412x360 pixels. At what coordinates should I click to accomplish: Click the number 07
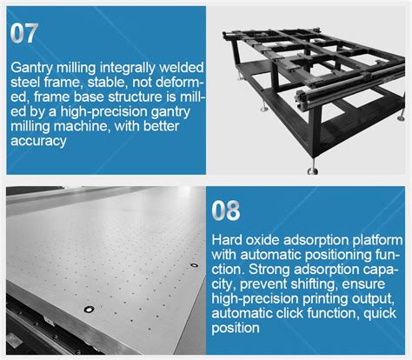tap(24, 33)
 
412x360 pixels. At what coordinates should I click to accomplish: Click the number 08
tap(226, 210)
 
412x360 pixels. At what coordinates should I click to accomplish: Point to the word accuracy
tap(38, 141)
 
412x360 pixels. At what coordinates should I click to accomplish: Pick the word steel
tap(25, 83)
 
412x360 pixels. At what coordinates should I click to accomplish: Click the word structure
tap(142, 97)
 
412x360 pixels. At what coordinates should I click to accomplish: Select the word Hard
tap(227, 240)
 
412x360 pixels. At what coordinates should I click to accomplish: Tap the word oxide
tap(262, 240)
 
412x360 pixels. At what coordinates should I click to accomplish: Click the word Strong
tap(269, 270)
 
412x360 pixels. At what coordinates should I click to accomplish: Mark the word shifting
tap(313, 284)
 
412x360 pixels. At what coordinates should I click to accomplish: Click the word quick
tap(380, 313)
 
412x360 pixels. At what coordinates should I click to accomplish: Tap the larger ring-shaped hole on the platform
tap(89, 310)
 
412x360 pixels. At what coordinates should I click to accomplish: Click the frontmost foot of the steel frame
tap(313, 170)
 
